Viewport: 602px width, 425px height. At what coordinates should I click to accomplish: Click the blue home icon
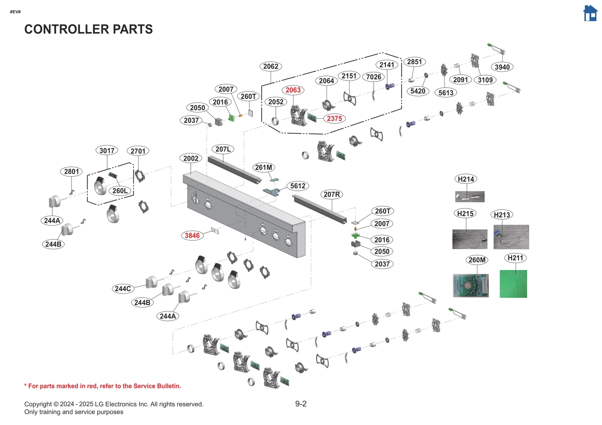coord(590,14)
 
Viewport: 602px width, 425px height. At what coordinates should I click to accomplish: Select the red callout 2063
coord(293,90)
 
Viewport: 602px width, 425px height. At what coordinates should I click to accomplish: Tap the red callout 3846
coord(192,236)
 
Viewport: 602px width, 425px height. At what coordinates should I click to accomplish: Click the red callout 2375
coord(334,119)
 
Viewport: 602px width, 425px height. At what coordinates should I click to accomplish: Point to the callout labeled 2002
coord(191,159)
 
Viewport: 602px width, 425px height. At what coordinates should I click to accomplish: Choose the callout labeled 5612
coord(298,186)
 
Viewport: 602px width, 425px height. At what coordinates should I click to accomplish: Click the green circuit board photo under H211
coord(513,284)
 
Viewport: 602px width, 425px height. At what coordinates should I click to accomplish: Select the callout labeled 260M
coord(477,260)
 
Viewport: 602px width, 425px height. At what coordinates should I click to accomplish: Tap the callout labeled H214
coord(466,179)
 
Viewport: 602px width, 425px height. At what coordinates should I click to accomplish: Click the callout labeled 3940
coord(502,67)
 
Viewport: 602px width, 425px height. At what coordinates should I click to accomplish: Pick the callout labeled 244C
coord(123,289)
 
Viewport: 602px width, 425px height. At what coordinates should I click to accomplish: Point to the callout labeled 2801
coord(71,172)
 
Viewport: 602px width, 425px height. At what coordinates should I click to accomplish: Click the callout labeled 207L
coord(223,149)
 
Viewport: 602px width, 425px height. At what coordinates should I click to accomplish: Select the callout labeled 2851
coord(414,62)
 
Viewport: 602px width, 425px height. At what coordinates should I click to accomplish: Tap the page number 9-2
coord(301,404)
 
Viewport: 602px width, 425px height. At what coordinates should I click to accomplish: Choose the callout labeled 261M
coord(263,168)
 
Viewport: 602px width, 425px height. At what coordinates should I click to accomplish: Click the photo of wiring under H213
coord(511,237)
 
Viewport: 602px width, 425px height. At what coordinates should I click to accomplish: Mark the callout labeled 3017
coord(107,151)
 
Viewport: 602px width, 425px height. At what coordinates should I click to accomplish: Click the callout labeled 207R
coord(331,195)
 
